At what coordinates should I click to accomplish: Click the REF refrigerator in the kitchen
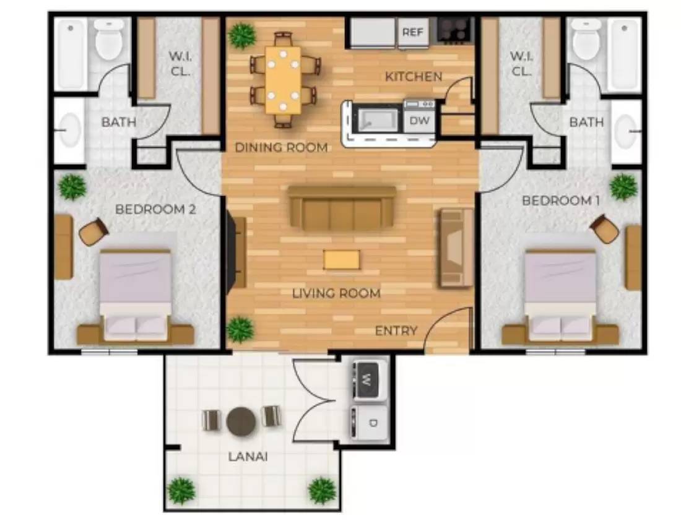[412, 32]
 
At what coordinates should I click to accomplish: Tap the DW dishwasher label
[420, 121]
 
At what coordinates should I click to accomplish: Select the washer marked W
[370, 380]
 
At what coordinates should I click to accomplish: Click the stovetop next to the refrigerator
[454, 30]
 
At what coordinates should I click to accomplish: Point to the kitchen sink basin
[377, 120]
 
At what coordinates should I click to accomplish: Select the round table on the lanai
[241, 421]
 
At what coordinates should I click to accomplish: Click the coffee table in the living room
[341, 260]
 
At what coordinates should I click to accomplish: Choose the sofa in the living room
[342, 209]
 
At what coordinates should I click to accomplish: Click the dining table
[283, 80]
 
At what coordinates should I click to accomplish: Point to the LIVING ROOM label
[336, 293]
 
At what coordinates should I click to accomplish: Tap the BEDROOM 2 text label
[155, 210]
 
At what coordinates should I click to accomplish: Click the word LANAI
[248, 457]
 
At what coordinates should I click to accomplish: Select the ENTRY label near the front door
[396, 330]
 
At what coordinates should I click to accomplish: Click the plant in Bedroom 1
[623, 188]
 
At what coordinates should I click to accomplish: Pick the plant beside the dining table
[242, 37]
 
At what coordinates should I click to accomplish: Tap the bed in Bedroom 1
[560, 296]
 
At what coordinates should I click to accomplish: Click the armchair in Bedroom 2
[94, 232]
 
